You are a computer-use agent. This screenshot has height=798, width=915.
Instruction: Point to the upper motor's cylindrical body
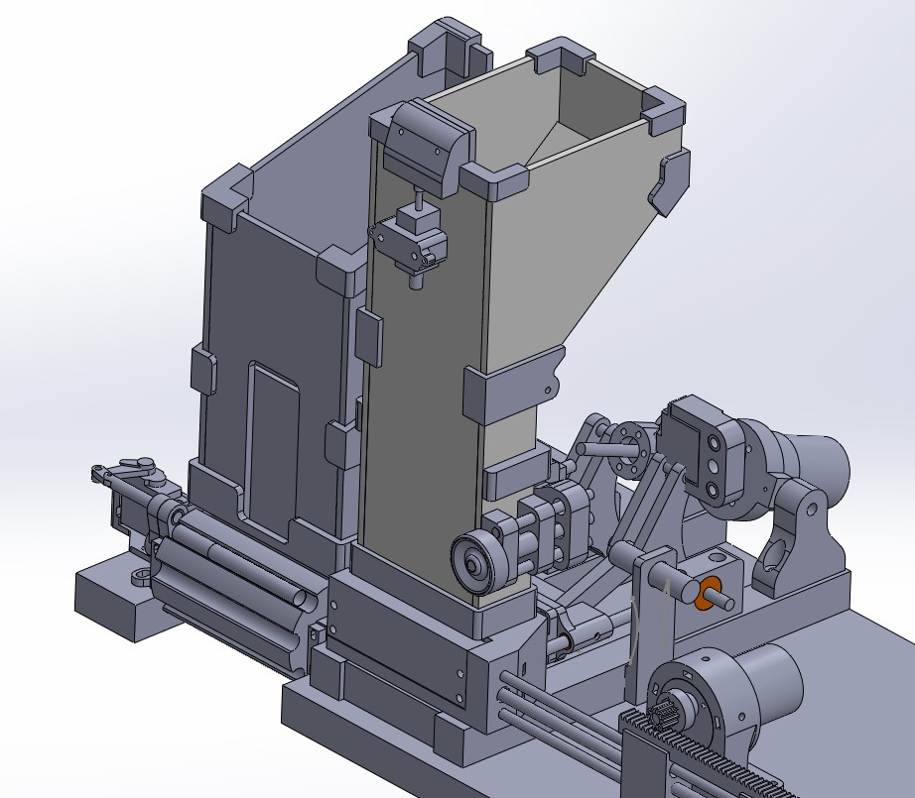814,451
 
